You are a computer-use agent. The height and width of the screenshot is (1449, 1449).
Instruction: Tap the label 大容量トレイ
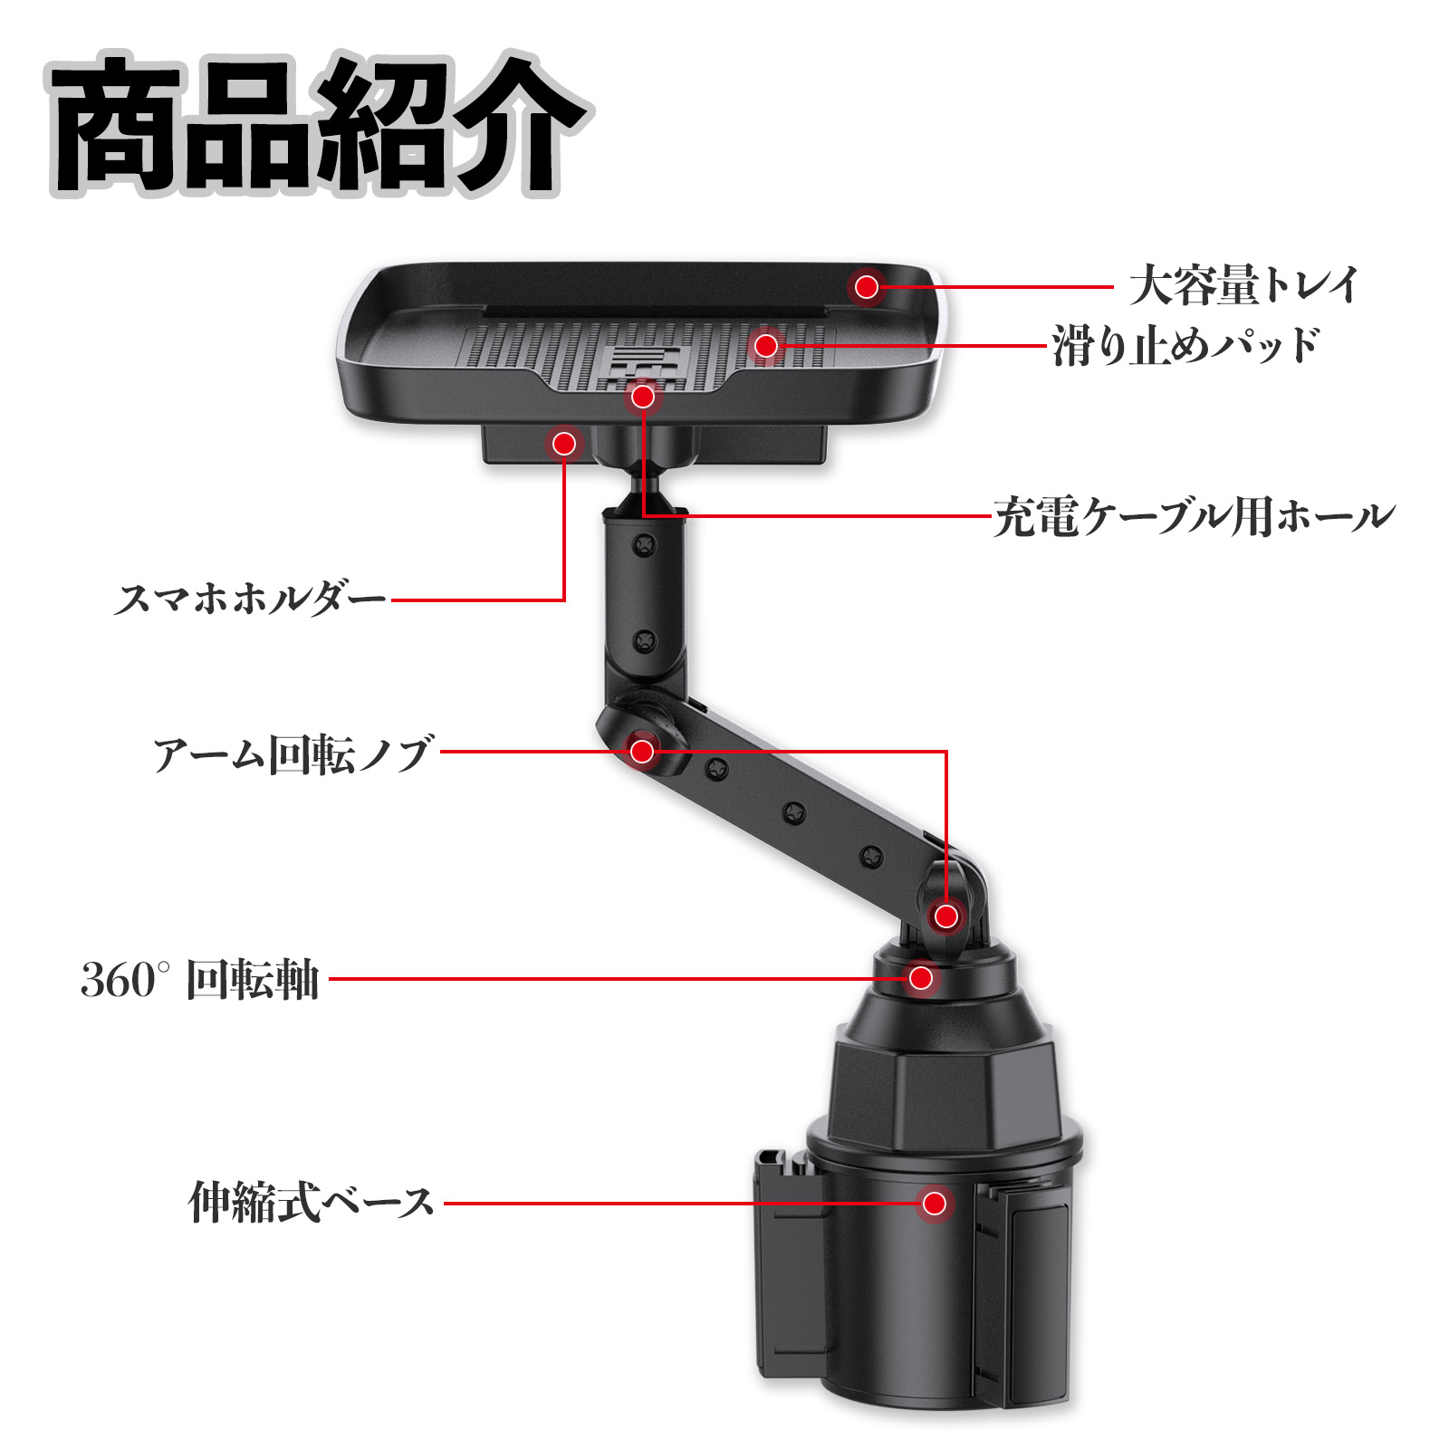(1243, 286)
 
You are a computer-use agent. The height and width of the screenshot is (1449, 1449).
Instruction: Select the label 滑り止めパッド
(1185, 345)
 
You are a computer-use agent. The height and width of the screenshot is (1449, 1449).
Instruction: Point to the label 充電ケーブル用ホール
(1194, 517)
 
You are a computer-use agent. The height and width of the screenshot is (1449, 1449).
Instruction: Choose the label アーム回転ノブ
(293, 754)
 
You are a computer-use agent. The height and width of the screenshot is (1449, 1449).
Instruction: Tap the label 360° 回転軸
(200, 980)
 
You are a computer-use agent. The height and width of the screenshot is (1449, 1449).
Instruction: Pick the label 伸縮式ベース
(312, 1204)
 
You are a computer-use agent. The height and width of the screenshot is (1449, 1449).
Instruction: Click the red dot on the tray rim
(867, 287)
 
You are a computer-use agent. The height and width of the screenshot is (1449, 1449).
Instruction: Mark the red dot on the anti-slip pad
(766, 345)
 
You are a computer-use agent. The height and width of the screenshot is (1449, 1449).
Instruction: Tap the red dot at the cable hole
(643, 396)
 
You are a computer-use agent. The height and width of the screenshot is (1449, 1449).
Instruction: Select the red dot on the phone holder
(564, 443)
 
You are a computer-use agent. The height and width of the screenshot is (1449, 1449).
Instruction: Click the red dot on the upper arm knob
(642, 751)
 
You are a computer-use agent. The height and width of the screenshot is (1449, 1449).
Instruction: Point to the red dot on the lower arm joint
(946, 916)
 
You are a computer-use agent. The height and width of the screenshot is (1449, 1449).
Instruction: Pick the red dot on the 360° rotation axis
(921, 978)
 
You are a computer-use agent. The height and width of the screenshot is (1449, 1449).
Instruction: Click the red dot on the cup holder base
(935, 1203)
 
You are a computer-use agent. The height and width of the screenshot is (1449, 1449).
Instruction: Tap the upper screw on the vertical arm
(645, 544)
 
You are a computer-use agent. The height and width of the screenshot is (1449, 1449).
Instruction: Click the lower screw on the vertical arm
(644, 641)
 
